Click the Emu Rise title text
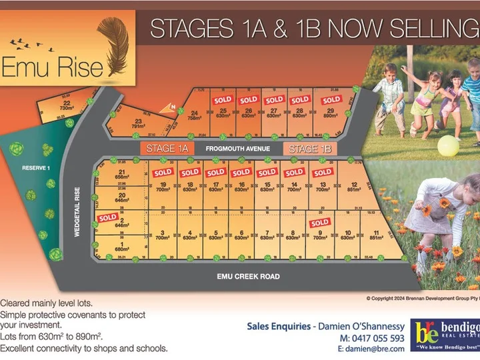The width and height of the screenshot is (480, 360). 53,67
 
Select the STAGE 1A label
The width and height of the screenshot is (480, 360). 167,148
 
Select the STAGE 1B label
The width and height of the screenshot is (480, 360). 310,148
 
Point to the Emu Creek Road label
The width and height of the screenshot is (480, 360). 247,276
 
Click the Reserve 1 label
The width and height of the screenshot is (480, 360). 35,167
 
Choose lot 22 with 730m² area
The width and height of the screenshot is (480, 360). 67,105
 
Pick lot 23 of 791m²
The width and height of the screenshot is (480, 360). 137,123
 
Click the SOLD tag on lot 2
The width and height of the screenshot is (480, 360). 107,217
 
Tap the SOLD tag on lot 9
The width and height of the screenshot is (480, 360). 319,223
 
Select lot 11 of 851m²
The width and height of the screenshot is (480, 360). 376,235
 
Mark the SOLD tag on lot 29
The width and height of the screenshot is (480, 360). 331,100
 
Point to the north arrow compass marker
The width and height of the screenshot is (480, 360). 168,107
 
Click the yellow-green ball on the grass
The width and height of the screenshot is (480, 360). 448,146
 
